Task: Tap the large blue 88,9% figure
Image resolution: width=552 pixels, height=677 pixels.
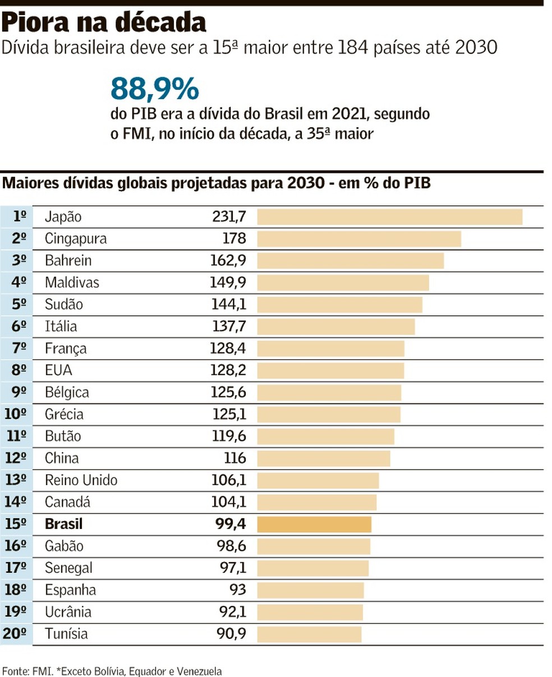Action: click(x=154, y=88)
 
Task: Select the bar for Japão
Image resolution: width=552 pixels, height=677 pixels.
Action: click(x=389, y=217)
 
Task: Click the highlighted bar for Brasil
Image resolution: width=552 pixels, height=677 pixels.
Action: click(x=314, y=524)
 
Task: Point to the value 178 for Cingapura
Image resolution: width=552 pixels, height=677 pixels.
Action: click(x=234, y=239)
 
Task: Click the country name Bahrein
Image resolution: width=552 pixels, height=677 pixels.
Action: click(x=68, y=261)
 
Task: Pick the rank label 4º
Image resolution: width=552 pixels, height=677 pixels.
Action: click(x=19, y=283)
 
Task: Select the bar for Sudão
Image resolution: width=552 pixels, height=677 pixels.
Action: click(x=339, y=305)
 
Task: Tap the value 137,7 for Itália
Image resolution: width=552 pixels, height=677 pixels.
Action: click(x=228, y=326)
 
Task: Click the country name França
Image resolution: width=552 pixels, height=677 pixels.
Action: click(x=66, y=349)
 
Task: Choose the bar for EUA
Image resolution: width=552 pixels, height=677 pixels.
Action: click(x=330, y=371)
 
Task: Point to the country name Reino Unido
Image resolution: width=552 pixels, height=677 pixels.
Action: click(x=81, y=481)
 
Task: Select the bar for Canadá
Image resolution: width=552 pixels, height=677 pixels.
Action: click(x=316, y=503)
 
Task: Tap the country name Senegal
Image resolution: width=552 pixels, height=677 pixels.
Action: click(x=68, y=568)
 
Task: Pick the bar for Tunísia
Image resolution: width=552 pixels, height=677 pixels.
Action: click(x=309, y=634)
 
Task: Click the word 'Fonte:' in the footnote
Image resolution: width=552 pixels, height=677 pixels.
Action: click(x=15, y=671)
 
